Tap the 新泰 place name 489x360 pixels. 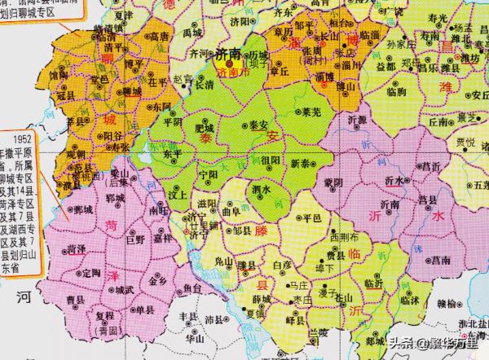[x=300, y=164]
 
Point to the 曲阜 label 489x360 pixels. [x=231, y=213]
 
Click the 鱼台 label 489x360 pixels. [x=192, y=288]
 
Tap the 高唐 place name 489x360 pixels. [x=159, y=36]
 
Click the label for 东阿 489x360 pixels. [x=161, y=108]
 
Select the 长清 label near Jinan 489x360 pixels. [x=205, y=83]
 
